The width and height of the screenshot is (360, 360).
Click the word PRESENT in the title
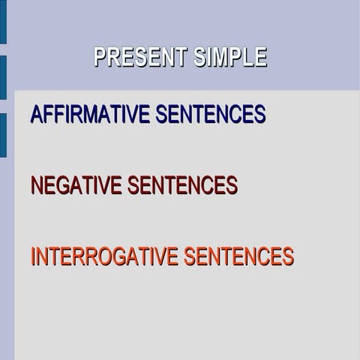(140, 58)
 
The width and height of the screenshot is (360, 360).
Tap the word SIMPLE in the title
(229, 58)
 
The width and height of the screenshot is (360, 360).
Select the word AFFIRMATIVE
(90, 114)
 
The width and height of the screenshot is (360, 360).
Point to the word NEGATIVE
(76, 185)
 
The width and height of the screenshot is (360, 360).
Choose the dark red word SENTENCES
(182, 185)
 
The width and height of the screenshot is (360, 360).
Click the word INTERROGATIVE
(104, 256)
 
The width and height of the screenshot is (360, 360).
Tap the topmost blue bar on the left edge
(3, 21)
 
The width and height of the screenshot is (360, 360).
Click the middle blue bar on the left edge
(3, 77)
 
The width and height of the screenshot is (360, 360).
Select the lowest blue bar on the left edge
(3, 135)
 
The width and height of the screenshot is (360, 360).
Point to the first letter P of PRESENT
(100, 58)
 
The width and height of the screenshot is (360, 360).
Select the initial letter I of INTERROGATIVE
(33, 256)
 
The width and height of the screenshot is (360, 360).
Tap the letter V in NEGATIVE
(103, 185)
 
